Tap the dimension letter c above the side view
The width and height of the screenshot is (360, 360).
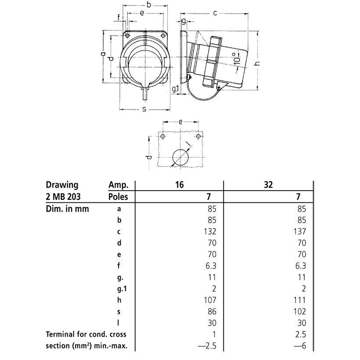point(215,13)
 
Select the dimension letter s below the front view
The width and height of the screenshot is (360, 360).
point(144,109)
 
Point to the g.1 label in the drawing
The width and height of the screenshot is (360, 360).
point(176,90)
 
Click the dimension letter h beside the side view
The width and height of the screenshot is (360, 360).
point(257,63)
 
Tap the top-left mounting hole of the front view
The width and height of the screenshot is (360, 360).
point(127,36)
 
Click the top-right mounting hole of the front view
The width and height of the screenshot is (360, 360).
point(163,36)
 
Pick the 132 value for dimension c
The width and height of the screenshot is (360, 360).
point(210,231)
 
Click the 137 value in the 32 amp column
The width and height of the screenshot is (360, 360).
point(299,231)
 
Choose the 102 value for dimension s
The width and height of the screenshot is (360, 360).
point(299,312)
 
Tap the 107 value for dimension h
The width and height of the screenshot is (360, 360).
point(210,300)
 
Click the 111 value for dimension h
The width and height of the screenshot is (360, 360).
point(299,300)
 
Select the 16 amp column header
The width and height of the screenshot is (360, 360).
point(180,184)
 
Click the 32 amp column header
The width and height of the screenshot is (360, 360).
point(268,184)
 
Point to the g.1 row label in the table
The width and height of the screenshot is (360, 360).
point(122,289)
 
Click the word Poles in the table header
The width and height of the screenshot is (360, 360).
point(118,197)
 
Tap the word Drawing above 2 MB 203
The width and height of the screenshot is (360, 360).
point(62,185)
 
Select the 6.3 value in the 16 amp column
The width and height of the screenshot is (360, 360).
point(211,266)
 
